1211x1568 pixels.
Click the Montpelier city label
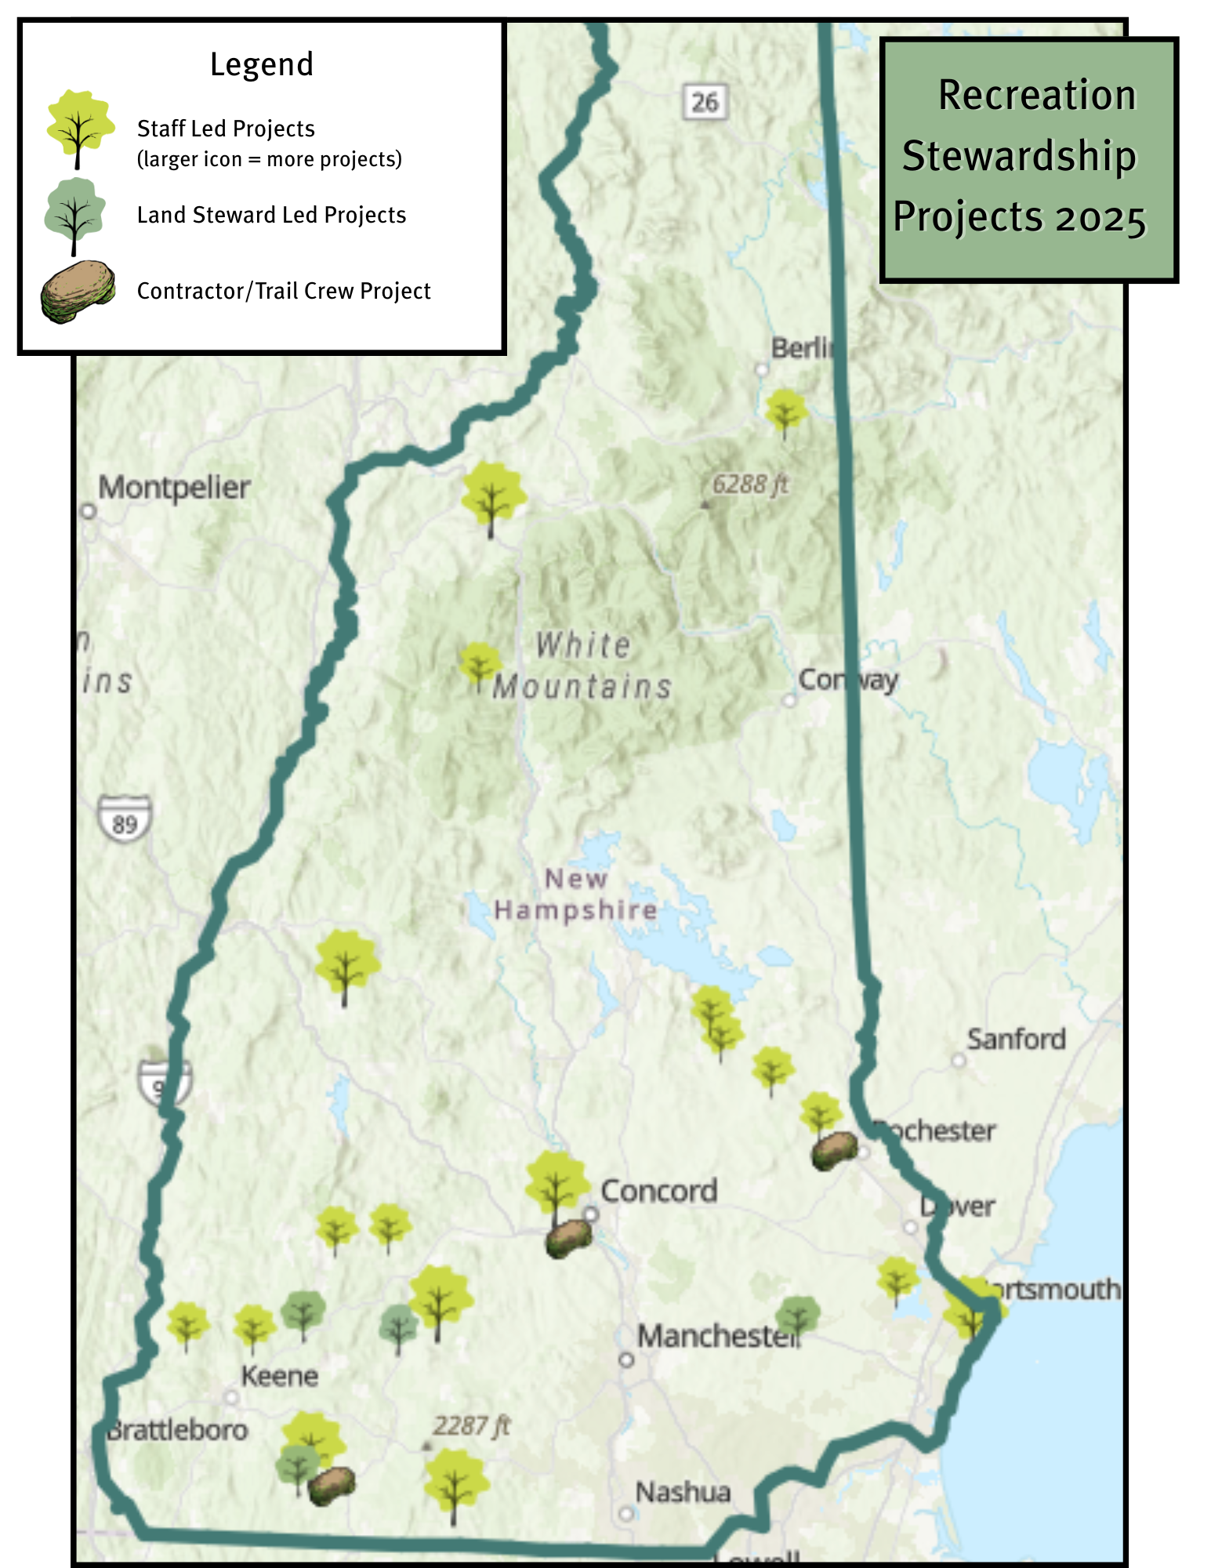[174, 488]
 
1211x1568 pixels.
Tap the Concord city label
[658, 1191]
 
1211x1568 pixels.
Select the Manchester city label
[717, 1336]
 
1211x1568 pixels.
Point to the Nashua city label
[683, 1492]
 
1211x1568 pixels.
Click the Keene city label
[279, 1376]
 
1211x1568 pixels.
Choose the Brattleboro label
[177, 1430]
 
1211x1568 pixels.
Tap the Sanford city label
[1016, 1040]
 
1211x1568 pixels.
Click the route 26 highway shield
[705, 102]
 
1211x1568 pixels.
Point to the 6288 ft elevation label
[749, 485]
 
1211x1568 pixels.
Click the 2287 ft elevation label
[471, 1425]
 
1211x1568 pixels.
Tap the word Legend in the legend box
[262, 64]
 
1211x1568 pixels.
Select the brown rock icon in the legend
[78, 291]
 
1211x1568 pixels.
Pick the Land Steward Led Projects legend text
[271, 215]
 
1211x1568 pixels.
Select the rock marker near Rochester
[834, 1151]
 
